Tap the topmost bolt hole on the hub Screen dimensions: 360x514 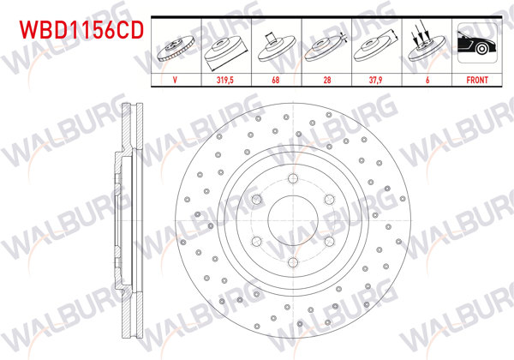point(291,178)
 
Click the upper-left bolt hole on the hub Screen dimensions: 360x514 point(255,199)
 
